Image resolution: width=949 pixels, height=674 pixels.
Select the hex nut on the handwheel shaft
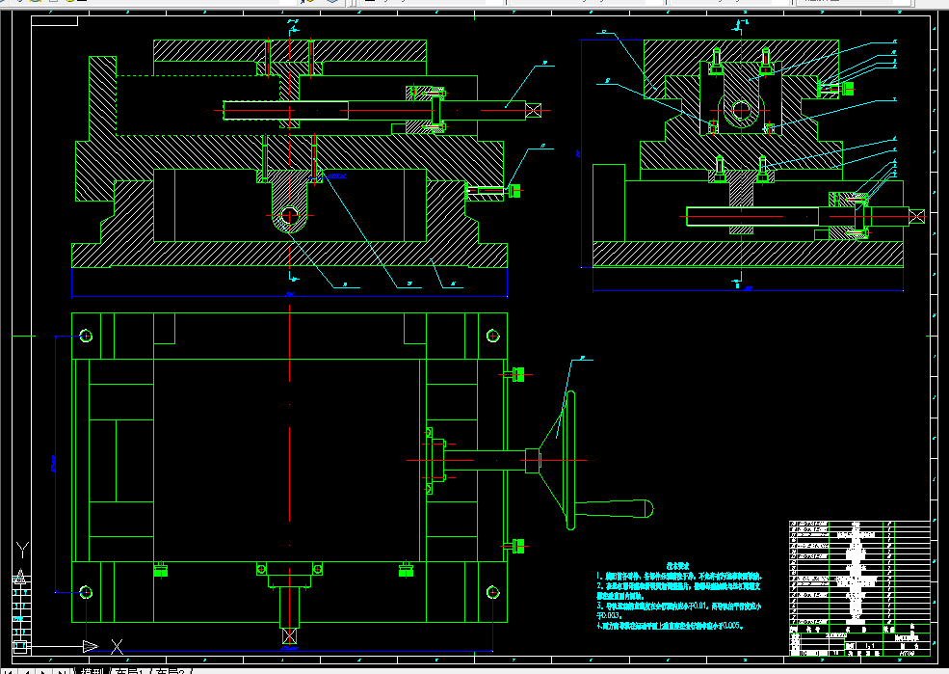531,459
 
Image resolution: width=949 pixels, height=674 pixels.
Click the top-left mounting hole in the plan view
87,336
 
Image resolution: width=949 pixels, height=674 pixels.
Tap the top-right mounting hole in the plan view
493,336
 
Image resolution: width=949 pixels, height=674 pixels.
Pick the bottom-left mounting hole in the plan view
87,591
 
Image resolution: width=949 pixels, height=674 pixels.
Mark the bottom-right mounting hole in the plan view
493,591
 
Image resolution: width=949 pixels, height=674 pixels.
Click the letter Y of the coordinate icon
22,552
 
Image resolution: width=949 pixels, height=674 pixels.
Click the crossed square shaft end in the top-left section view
534,110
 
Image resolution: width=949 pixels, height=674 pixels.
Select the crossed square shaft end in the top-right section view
916,216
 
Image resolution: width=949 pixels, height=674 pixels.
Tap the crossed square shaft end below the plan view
288,636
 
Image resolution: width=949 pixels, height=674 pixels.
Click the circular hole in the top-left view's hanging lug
289,218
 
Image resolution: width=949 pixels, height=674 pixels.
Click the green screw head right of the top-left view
514,191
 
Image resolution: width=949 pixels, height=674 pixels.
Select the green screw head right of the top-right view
849,89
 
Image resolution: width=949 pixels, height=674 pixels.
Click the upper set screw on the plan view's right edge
517,373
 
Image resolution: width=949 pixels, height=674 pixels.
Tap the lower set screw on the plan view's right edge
517,547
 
